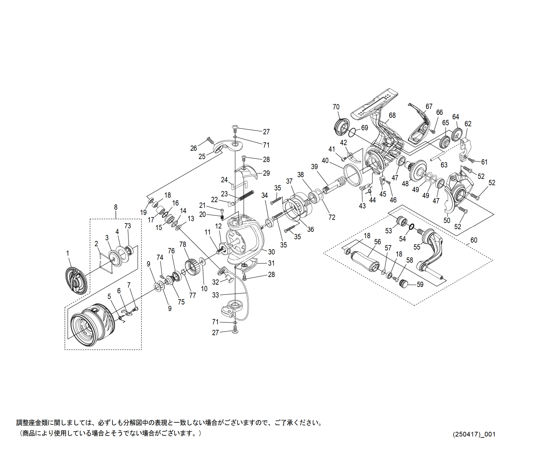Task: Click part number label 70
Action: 336,107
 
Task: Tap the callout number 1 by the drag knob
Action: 67,253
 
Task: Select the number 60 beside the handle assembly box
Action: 473,240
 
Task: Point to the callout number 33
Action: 216,295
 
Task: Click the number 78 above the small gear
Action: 183,245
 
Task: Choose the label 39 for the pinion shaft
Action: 314,167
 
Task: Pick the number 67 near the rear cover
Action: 429,106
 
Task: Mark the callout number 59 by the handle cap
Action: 420,284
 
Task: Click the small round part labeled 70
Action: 341,126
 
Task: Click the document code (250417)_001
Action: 474,434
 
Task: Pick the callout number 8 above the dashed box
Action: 115,207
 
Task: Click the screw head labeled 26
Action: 208,140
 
